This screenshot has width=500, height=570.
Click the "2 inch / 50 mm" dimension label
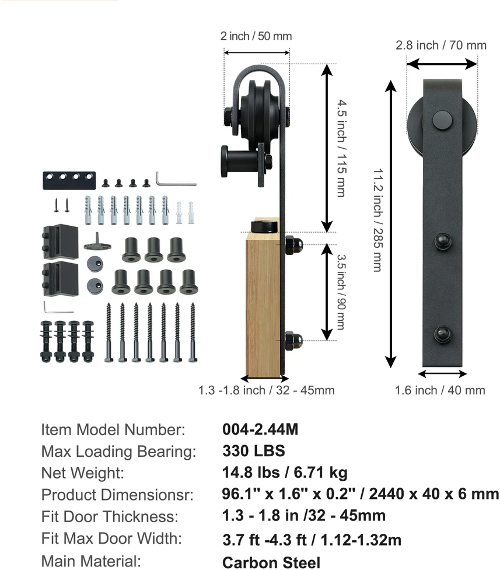coord(256,36)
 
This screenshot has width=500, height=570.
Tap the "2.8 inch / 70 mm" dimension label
coord(441,46)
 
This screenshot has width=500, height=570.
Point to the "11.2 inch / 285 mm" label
coord(378,220)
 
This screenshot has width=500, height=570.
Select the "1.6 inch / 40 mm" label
coord(440,390)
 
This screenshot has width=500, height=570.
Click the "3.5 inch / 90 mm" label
coord(341,292)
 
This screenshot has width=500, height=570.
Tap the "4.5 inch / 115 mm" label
coord(341,149)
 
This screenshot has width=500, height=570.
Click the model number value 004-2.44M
coord(260,429)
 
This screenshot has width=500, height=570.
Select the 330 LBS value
coord(254,451)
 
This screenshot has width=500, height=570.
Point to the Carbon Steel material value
coord(271,562)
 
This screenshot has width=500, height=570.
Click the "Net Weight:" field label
coord(82,473)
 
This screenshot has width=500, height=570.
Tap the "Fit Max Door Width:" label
coord(111,538)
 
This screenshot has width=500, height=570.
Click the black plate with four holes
coord(69,181)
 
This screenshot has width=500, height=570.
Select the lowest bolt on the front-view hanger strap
coord(443,334)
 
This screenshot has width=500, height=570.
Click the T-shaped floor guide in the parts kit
coord(97,242)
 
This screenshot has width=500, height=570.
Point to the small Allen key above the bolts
coord(58,307)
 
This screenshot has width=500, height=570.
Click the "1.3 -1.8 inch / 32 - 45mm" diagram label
coord(266,390)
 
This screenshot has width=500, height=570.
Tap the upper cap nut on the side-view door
coord(293,245)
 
